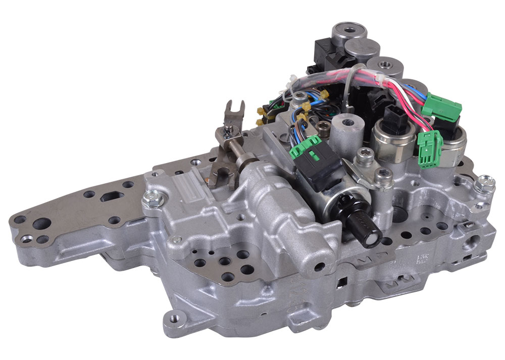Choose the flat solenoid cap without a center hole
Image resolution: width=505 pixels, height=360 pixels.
coord(362,49)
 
